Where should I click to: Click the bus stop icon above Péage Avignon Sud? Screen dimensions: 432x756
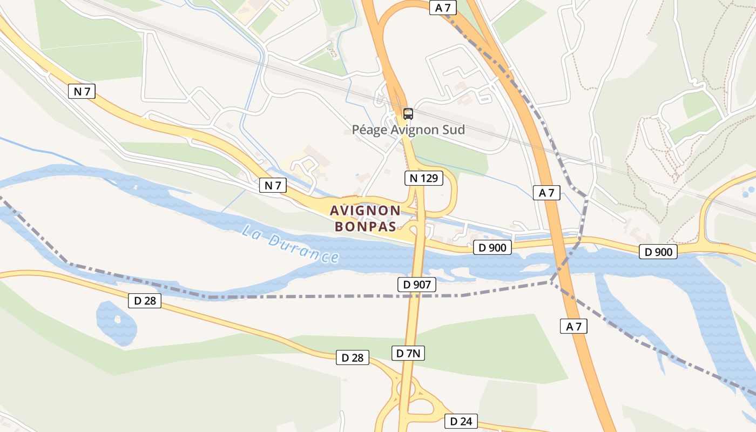point(408,114)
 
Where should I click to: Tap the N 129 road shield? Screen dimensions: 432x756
point(424,178)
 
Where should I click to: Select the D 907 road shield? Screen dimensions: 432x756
point(416,285)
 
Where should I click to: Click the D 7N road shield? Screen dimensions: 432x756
point(408,353)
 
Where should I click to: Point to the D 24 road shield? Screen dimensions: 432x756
point(461,421)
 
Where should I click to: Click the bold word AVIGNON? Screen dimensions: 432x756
point(365,210)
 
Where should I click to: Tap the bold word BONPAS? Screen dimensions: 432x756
point(365,226)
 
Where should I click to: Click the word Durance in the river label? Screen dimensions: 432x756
point(306,249)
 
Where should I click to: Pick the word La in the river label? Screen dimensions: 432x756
point(252,232)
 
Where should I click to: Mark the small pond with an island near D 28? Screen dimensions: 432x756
point(116,322)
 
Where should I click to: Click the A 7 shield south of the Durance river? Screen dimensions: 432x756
point(573,326)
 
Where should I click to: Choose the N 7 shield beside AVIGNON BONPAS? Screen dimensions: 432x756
point(273,186)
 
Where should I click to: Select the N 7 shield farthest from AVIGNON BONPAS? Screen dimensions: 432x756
point(82,91)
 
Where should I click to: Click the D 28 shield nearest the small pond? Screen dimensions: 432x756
point(145,301)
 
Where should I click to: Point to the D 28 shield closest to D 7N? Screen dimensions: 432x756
point(353,357)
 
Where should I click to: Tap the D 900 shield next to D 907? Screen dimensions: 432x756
point(492,248)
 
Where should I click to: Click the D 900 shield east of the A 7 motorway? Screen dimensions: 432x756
point(658,252)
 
